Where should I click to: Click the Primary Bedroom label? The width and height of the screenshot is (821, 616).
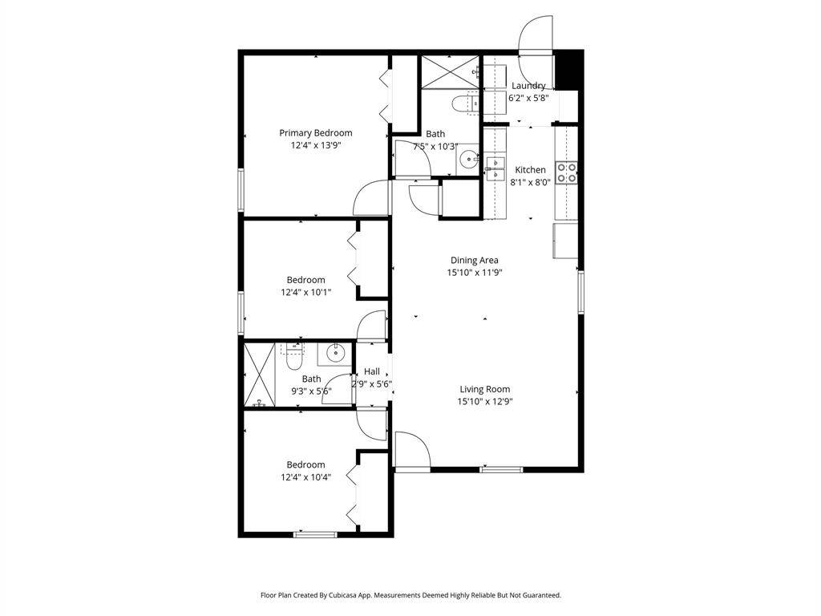(x=315, y=133)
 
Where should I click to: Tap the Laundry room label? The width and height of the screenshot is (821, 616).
(x=528, y=85)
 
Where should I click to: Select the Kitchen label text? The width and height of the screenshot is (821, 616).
(x=531, y=170)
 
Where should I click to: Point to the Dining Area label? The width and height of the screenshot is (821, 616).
(x=475, y=260)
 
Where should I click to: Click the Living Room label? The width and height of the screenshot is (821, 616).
(x=485, y=389)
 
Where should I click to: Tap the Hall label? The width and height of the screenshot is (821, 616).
(x=372, y=371)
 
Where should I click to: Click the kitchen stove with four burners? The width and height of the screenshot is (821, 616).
(x=567, y=173)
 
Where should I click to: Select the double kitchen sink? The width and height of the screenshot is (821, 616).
(x=495, y=168)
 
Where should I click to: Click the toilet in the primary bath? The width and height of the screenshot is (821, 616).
(x=466, y=103)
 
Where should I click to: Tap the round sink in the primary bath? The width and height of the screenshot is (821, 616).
(x=467, y=156)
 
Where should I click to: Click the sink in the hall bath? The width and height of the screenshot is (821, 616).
(x=334, y=353)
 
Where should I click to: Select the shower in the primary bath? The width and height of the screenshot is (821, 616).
(x=451, y=71)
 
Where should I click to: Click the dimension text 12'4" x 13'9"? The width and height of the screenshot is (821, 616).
(x=316, y=146)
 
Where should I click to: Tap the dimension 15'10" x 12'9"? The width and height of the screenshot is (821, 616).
(x=485, y=402)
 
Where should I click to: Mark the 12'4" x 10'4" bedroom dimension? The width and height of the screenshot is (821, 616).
(x=305, y=477)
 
